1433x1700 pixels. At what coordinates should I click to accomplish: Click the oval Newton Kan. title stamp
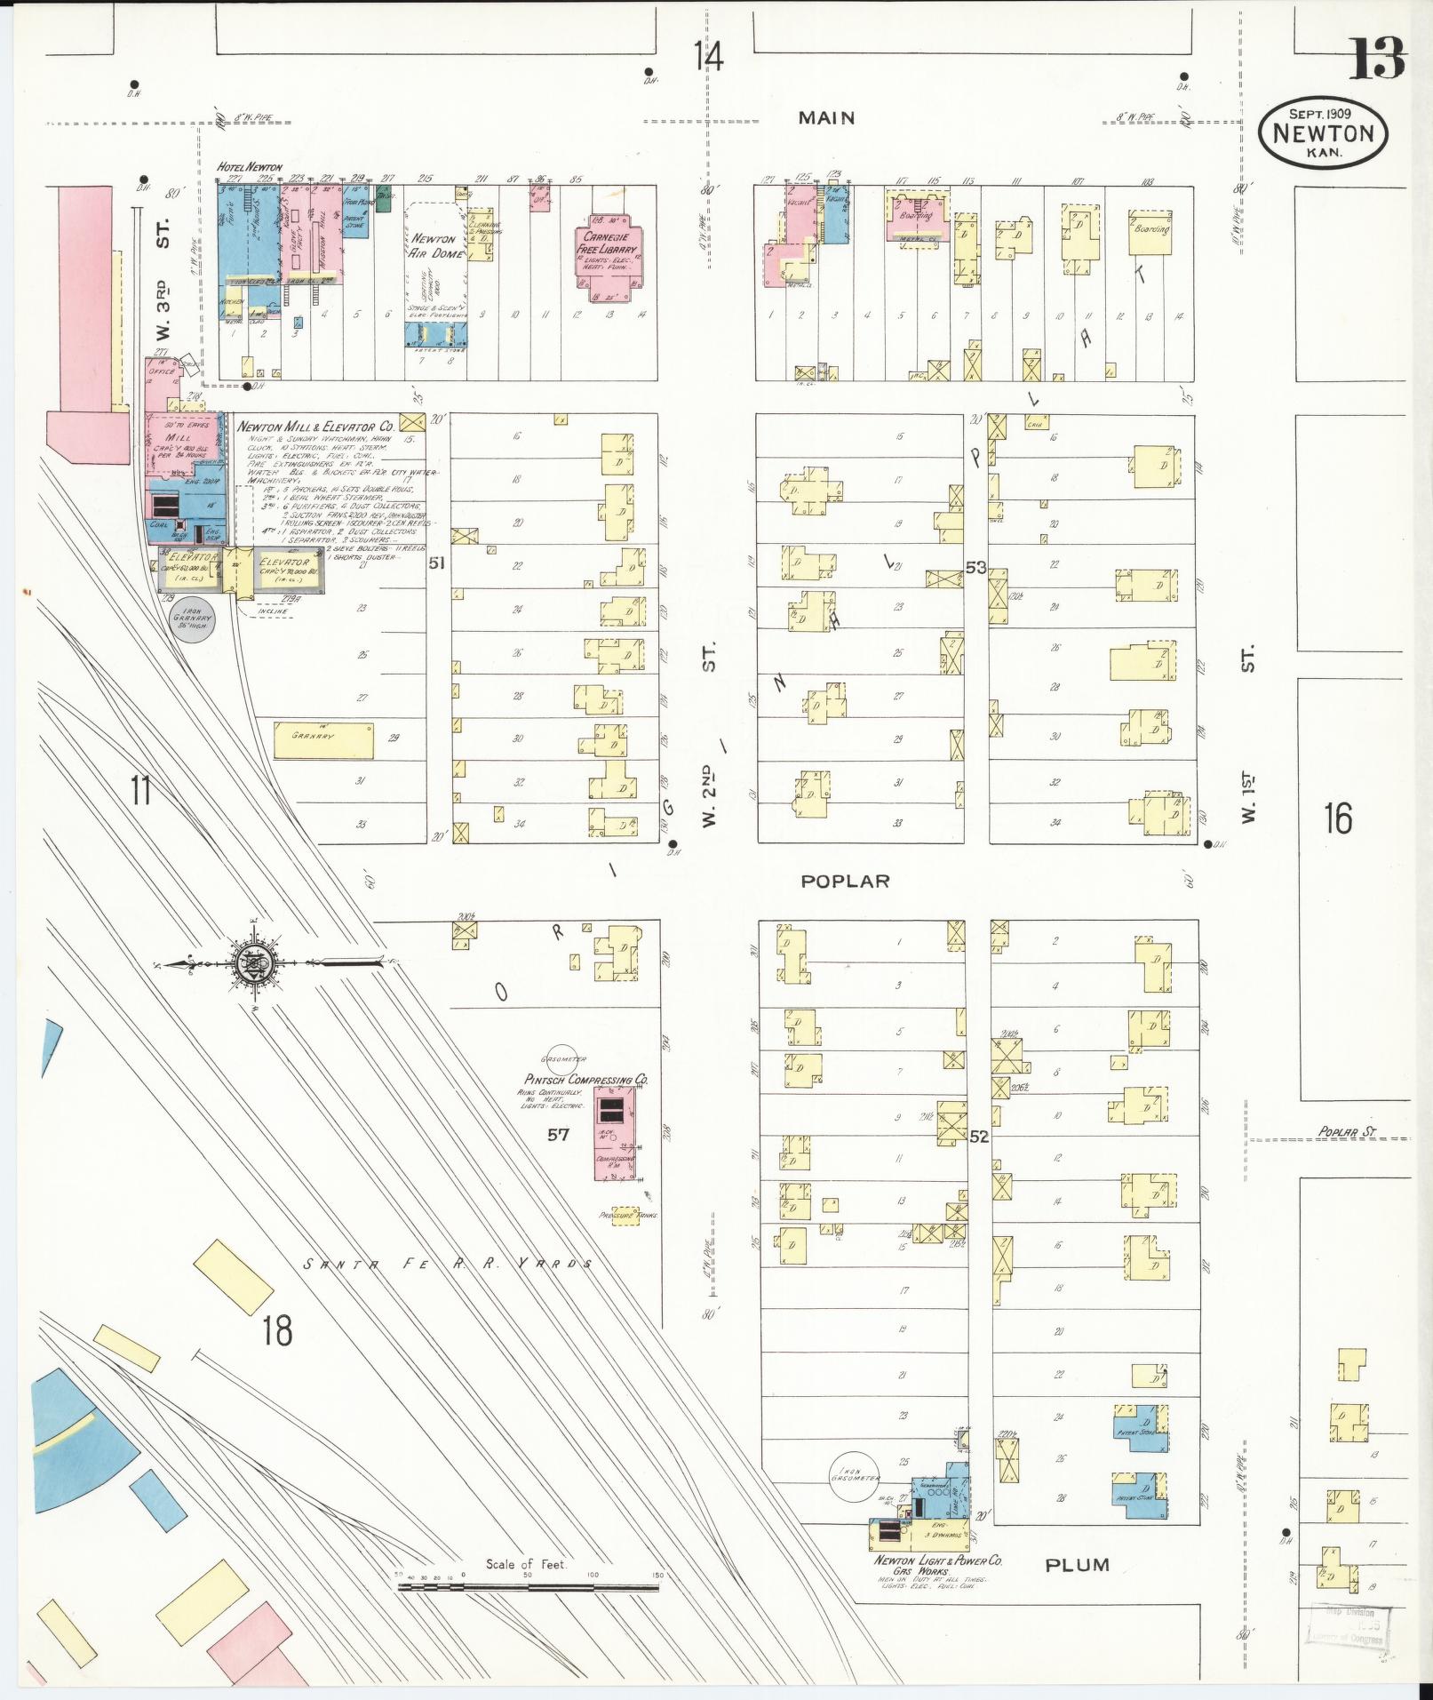[1322, 133]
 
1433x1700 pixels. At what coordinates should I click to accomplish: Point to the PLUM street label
[1078, 1564]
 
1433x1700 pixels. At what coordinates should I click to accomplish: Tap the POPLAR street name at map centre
[844, 881]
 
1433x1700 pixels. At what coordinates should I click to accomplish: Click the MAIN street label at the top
[825, 117]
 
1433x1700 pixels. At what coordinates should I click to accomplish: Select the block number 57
[557, 1134]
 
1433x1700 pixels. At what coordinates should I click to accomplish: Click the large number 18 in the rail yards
[277, 1332]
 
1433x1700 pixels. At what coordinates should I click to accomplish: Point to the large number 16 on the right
[1337, 818]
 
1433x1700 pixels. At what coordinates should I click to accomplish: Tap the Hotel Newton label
[250, 167]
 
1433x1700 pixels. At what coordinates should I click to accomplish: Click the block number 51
[435, 562]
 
